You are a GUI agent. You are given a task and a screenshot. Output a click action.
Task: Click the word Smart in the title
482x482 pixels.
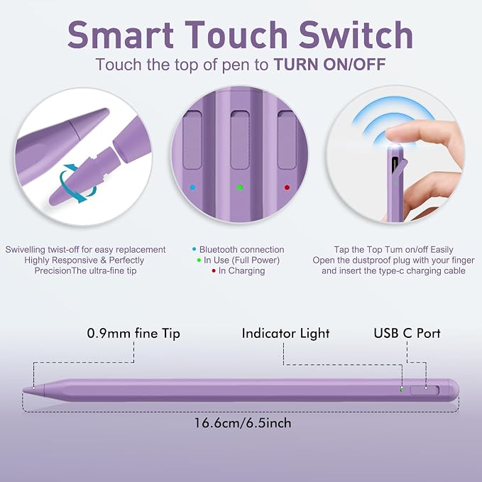pos(121,34)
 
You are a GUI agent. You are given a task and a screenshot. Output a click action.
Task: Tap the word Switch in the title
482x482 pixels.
pos(356,34)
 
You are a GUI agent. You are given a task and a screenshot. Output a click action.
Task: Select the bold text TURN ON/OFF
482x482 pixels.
pos(330,65)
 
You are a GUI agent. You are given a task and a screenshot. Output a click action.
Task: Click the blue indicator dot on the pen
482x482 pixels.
pos(192,187)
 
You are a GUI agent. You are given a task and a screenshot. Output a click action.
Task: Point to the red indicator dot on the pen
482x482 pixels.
pos(287,187)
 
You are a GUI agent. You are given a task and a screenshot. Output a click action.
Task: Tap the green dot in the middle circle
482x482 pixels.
pos(240,187)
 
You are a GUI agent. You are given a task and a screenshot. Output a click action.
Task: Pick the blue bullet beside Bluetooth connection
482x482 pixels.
pos(194,250)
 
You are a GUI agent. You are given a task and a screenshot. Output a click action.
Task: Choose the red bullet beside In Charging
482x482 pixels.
pos(214,271)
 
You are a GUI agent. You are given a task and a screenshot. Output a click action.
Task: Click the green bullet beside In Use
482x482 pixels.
pos(199,261)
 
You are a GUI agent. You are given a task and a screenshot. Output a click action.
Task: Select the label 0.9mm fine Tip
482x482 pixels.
pos(133,334)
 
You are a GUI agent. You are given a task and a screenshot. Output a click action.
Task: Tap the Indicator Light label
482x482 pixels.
pos(285,334)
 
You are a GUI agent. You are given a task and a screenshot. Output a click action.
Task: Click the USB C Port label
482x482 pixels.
pos(407,333)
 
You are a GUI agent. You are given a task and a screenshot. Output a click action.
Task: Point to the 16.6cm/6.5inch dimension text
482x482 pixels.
pos(243,423)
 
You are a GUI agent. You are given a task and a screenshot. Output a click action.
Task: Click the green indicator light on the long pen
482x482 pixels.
pos(402,390)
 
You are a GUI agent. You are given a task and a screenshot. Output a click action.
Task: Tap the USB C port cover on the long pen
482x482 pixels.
pos(425,390)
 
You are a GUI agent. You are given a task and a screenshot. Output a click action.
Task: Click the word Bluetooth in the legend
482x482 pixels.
pos(219,250)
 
